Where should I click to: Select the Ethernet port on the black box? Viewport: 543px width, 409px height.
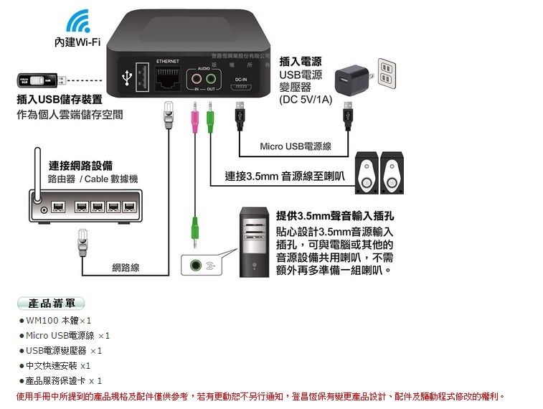click(x=167, y=77)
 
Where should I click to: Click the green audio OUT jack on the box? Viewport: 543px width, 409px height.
click(x=211, y=77)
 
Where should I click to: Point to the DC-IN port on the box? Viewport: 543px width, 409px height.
click(x=241, y=88)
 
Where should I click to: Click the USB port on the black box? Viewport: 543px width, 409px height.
click(x=141, y=76)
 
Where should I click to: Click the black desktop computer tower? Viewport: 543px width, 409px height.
click(x=254, y=241)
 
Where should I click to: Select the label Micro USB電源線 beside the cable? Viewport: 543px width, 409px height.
click(x=296, y=146)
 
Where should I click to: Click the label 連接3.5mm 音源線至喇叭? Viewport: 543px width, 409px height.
click(x=284, y=176)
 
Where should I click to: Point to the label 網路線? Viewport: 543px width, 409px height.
click(x=126, y=268)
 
